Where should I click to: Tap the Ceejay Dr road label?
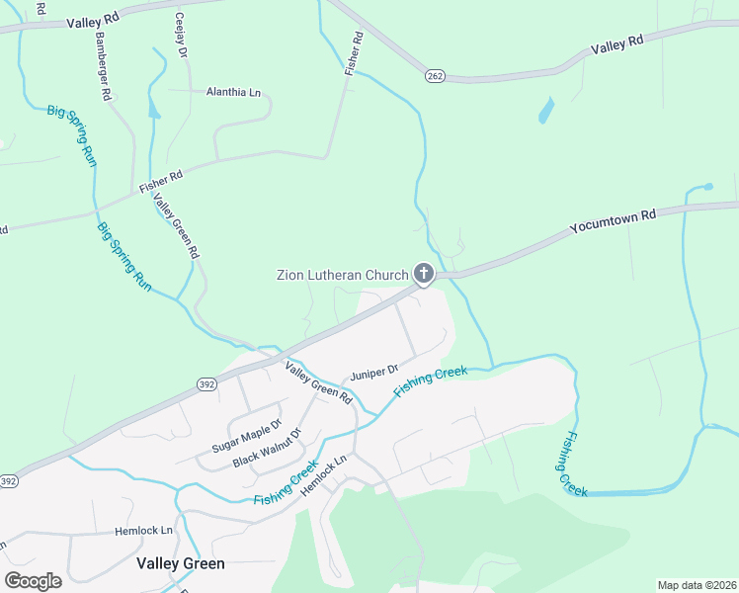(x=181, y=34)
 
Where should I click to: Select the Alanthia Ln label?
(x=233, y=92)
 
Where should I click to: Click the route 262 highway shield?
(x=435, y=75)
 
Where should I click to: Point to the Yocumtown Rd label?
(x=613, y=220)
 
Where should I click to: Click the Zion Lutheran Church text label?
(x=342, y=274)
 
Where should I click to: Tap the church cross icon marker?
(x=424, y=273)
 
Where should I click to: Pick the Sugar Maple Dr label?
(x=240, y=436)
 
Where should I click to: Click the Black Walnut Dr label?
(x=265, y=450)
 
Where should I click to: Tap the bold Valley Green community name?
(x=180, y=563)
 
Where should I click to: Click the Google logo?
(x=33, y=580)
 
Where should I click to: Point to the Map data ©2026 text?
(x=696, y=585)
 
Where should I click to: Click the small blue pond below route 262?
(x=545, y=111)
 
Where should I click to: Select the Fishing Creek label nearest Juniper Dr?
(x=430, y=381)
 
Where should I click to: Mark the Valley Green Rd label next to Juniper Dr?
(x=318, y=383)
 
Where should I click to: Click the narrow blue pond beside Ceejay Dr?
(x=153, y=106)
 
